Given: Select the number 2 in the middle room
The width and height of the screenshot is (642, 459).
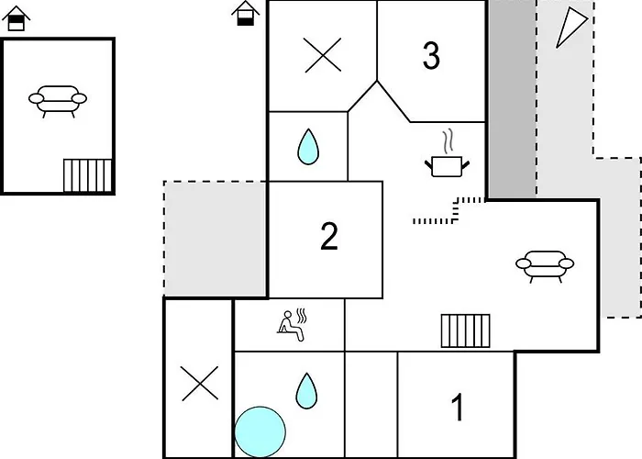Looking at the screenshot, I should coord(329,237).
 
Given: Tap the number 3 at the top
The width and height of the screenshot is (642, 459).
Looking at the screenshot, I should coord(431,56).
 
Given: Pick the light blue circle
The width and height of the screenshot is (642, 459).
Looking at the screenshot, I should coord(260,431).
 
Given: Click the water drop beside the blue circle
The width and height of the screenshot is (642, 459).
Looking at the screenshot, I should coord(306,392).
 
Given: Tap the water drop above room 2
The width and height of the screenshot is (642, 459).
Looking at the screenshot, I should coord(308,146).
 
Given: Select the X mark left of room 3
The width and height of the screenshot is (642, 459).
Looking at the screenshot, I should coord(322,56).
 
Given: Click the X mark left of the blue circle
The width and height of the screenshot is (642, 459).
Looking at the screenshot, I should coord(199,384).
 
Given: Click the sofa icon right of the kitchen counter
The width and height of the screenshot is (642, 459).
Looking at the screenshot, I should coord(545,264).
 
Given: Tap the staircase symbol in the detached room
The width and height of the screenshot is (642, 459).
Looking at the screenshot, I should coord(87,174).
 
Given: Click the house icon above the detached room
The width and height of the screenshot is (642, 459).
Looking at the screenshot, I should coord(16,18).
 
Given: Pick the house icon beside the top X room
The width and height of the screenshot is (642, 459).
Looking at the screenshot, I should coord(244,14).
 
